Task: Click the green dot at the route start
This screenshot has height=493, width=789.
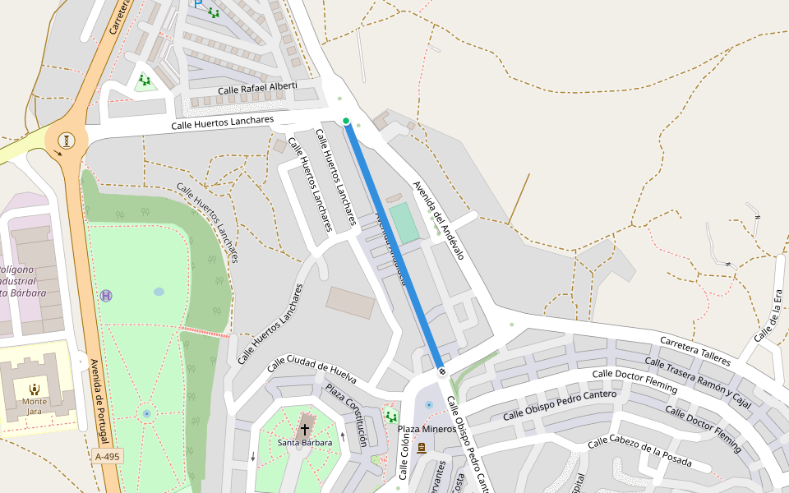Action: click(346, 122)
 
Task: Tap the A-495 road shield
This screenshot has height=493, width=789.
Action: click(107, 456)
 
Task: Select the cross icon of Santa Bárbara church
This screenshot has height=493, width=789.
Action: click(305, 429)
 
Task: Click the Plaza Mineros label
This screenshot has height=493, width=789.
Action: click(427, 429)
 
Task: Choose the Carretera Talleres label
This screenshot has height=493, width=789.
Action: click(694, 351)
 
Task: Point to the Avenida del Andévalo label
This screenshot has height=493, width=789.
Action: click(439, 220)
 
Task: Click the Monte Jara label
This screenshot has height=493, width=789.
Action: click(35, 402)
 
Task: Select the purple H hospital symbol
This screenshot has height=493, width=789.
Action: click(106, 295)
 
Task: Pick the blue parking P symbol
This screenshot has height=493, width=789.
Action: click(198, 4)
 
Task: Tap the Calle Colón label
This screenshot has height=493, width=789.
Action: click(404, 457)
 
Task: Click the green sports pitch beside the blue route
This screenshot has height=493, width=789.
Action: click(404, 223)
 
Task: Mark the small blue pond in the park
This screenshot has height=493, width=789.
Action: click(159, 292)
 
